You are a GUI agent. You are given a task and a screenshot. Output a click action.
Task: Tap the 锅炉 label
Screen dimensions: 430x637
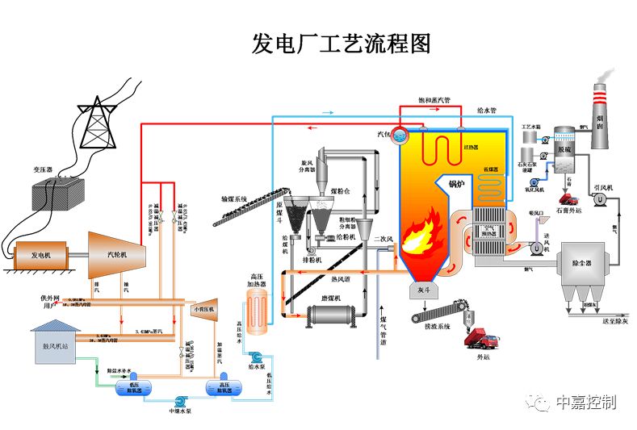click(x=458, y=184)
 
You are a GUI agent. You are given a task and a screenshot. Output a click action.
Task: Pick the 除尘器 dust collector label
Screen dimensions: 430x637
click(x=584, y=264)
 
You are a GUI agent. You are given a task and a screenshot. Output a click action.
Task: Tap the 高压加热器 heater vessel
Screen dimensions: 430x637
click(x=258, y=311)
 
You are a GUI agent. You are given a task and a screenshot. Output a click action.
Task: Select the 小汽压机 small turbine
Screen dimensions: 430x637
click(x=202, y=309)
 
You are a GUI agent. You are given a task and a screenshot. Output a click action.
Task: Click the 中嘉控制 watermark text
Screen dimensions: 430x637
click(x=586, y=402)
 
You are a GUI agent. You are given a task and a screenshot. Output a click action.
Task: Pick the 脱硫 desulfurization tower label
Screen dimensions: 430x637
click(x=564, y=150)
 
